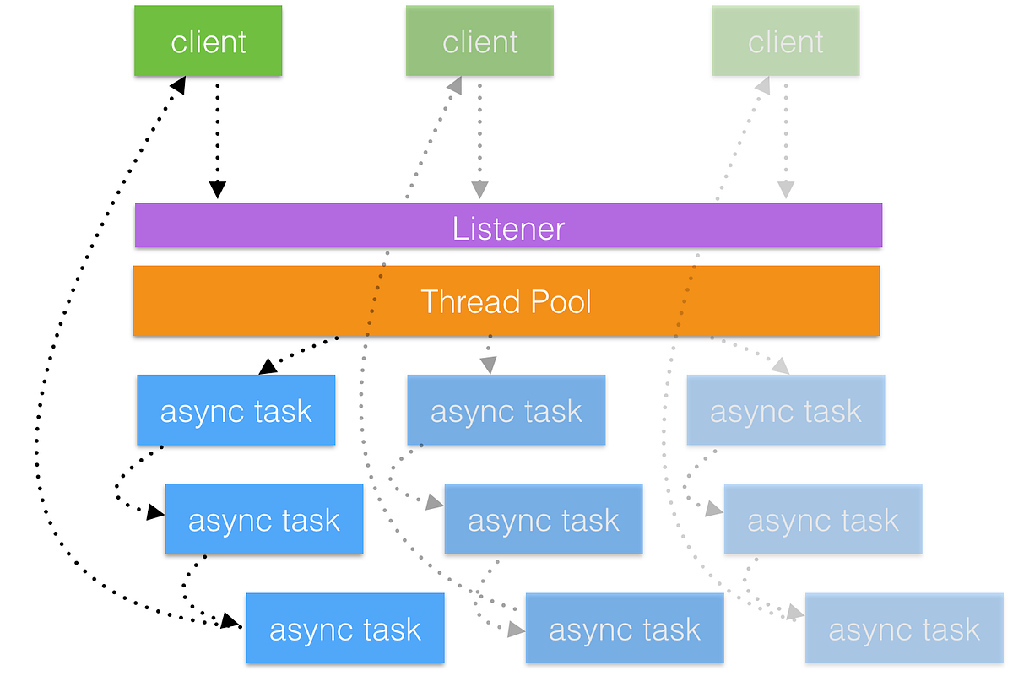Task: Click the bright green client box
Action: (x=208, y=41)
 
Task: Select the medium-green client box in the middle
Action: (x=479, y=41)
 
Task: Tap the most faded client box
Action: (x=785, y=41)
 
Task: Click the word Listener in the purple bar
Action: (x=508, y=229)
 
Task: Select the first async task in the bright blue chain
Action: (x=236, y=411)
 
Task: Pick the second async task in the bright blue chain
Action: (x=263, y=520)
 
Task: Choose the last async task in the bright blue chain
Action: (x=344, y=629)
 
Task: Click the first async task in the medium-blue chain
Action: (x=506, y=411)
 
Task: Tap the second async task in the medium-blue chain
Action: (x=543, y=520)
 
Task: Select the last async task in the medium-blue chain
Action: (x=625, y=629)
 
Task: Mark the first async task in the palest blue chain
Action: (x=785, y=411)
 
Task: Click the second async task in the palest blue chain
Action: (x=823, y=520)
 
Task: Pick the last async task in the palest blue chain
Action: (x=904, y=629)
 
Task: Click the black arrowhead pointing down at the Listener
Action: (x=218, y=190)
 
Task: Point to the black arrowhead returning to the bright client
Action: (x=178, y=84)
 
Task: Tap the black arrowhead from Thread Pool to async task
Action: (x=268, y=366)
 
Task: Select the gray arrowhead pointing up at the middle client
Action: (x=454, y=85)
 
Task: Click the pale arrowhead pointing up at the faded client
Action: (x=761, y=85)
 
